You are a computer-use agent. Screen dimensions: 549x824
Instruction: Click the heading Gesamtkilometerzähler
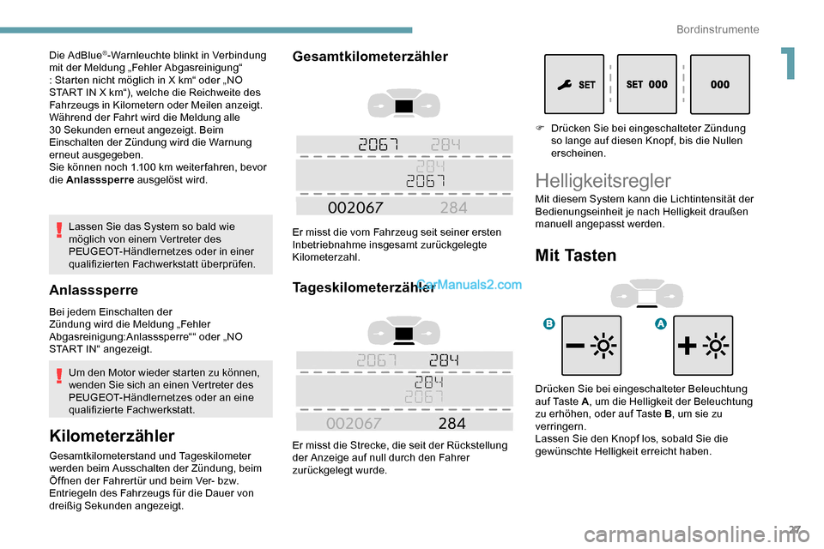[370, 57]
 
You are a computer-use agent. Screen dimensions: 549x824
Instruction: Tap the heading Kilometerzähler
[112, 435]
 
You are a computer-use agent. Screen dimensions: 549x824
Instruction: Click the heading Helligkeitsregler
[603, 180]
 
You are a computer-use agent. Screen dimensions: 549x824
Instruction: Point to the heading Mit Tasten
[575, 255]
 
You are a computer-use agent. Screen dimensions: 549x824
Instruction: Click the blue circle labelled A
[662, 323]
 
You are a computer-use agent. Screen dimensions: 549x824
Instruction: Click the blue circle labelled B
[548, 323]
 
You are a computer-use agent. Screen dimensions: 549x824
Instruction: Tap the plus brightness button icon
[703, 346]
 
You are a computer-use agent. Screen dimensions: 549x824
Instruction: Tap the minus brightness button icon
[591, 346]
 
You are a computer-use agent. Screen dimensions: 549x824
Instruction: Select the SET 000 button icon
[646, 85]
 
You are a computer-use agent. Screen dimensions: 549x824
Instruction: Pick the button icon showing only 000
[719, 85]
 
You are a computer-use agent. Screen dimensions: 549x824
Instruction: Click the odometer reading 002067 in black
[355, 207]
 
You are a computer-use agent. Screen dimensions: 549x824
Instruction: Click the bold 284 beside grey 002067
[451, 424]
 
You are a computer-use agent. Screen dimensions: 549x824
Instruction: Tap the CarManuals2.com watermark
[469, 286]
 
